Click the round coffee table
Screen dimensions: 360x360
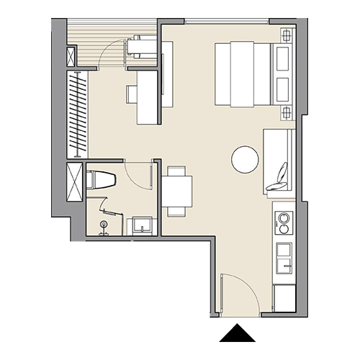point(245,159)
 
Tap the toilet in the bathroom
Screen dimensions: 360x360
point(100,179)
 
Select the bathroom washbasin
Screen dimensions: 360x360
point(140,226)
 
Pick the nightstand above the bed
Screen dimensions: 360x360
point(287,35)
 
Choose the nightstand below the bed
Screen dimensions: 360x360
point(287,113)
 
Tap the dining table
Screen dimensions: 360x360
point(177,192)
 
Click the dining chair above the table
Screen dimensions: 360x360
point(177,171)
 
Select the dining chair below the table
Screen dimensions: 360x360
point(177,211)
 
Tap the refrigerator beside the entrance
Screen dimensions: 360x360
point(284,298)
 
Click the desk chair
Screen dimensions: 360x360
point(132,94)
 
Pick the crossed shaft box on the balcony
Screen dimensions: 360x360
point(71,56)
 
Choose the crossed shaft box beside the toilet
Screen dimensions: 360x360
point(73,181)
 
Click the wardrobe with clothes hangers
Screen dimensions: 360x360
point(76,114)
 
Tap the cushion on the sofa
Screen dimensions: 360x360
point(280,177)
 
